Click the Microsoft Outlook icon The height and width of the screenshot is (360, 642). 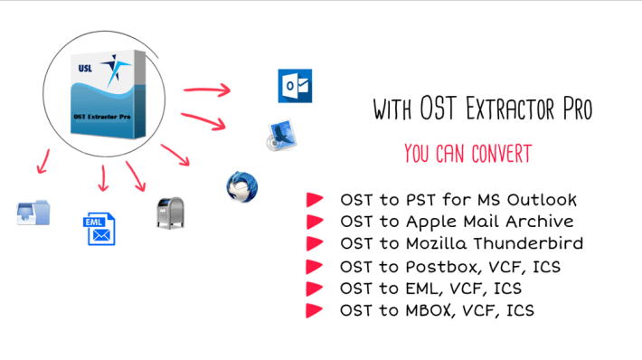click(294, 85)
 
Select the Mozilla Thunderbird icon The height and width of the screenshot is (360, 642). click(242, 185)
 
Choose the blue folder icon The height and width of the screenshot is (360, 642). click(33, 213)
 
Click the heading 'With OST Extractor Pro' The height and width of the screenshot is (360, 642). click(483, 109)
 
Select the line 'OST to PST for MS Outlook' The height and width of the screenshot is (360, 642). click(458, 199)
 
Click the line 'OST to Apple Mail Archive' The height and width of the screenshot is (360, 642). click(456, 221)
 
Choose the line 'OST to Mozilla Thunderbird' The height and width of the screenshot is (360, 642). click(461, 243)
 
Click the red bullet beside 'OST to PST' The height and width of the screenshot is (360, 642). click(315, 199)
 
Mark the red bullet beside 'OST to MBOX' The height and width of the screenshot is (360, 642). click(315, 310)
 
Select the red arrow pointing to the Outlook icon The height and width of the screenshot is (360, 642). click(207, 90)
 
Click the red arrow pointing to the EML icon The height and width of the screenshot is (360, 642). click(101, 179)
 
